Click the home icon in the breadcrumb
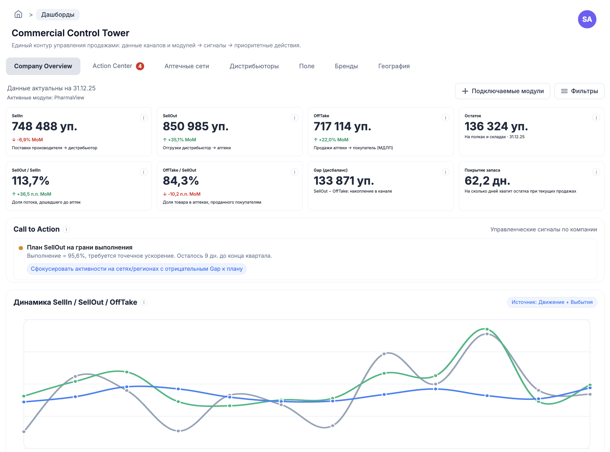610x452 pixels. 18,14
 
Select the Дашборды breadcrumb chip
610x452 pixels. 58,15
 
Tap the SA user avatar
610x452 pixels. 587,19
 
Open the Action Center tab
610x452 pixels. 112,66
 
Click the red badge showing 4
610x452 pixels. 140,66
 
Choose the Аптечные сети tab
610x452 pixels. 187,66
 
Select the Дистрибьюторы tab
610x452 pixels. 254,66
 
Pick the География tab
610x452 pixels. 394,66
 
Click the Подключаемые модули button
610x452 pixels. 502,91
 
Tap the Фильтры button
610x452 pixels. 579,91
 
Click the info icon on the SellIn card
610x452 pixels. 144,118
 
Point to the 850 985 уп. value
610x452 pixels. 196,126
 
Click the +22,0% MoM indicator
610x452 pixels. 331,140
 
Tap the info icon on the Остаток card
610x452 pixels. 596,118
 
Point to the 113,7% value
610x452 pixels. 31,181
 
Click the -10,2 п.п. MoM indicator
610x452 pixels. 182,194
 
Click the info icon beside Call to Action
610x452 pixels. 66,229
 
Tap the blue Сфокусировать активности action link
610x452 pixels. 137,269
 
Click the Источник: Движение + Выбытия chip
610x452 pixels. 552,302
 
